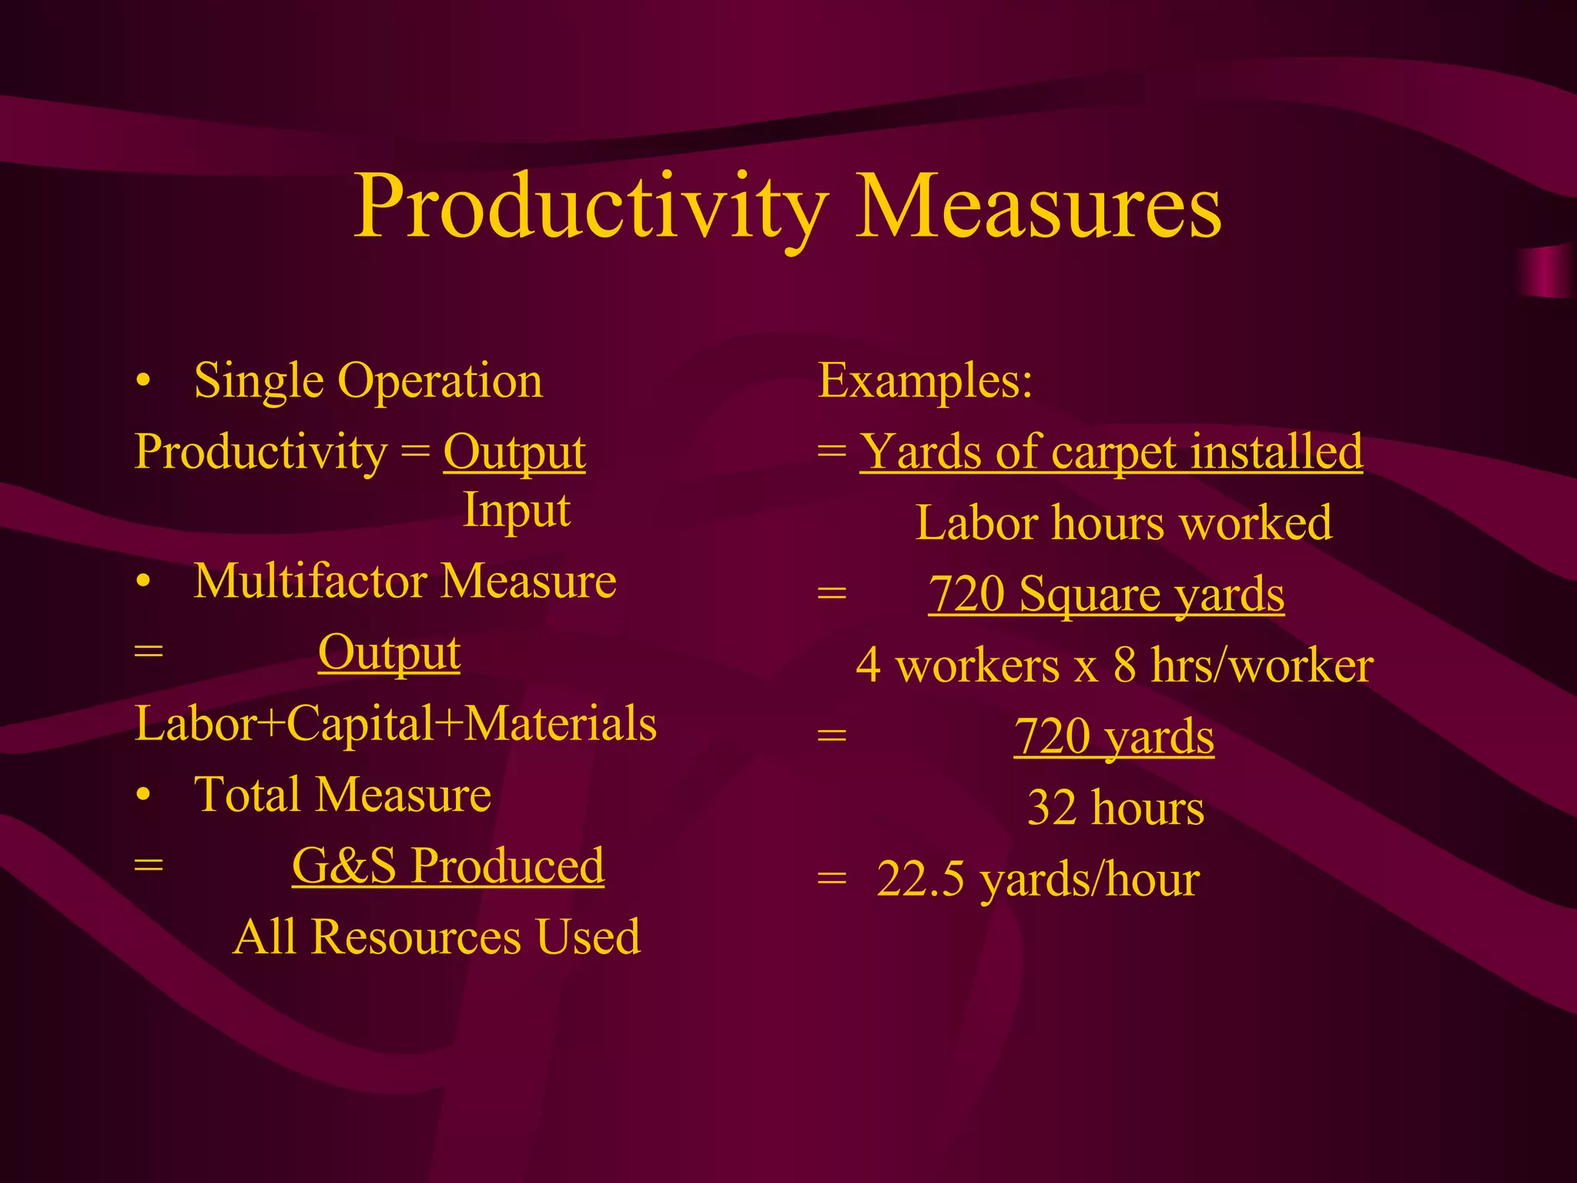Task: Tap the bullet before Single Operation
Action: point(143,382)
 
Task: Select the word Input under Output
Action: point(516,510)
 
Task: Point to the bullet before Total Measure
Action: point(143,796)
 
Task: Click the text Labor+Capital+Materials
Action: point(396,724)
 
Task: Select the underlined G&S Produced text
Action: point(448,866)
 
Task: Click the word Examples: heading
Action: point(925,380)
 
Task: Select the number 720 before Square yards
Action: point(967,595)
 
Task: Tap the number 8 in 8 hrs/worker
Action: point(1125,665)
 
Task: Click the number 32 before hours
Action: point(1052,809)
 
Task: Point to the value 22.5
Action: point(920,880)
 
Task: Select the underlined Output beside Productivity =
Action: point(514,453)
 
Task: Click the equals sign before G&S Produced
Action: point(149,866)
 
